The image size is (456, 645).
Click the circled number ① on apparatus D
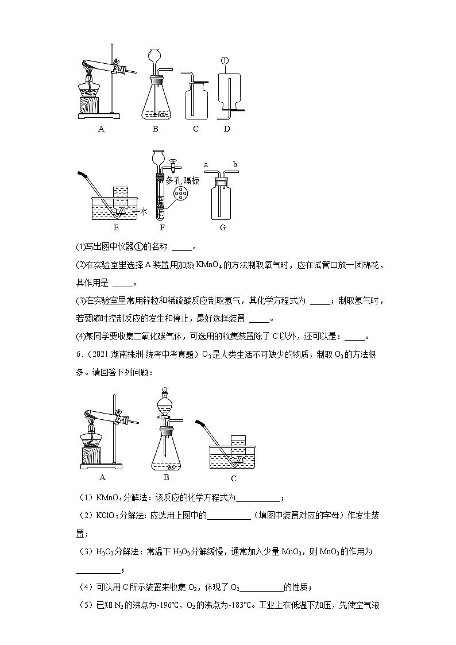tap(225, 60)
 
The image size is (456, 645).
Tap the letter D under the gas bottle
tap(227, 129)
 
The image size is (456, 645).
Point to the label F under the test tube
tap(160, 227)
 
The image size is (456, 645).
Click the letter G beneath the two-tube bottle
tap(223, 227)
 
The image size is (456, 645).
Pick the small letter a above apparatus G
tap(206, 165)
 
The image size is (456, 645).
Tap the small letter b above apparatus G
tap(234, 165)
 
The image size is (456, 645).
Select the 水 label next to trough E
tap(144, 212)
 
